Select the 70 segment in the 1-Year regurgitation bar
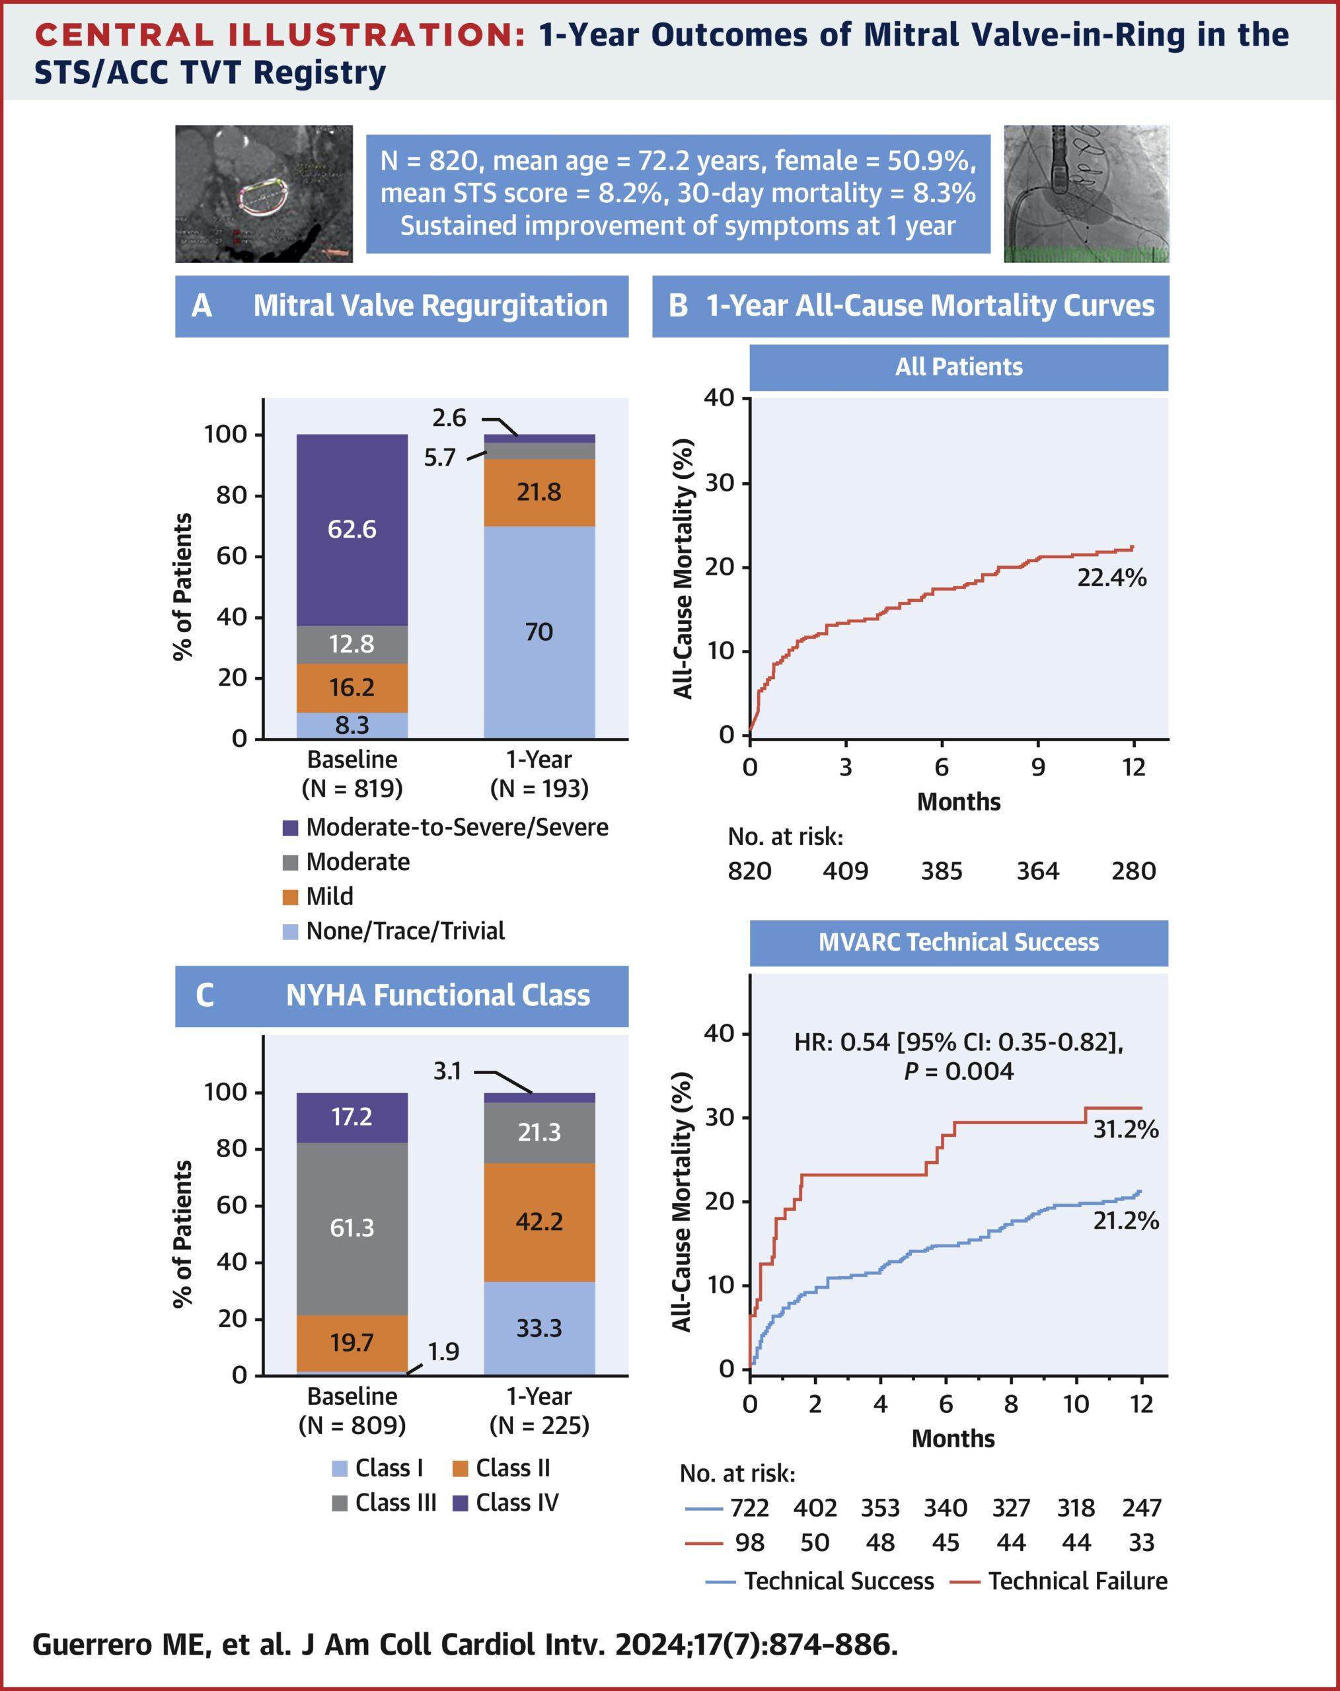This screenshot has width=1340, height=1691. pos(539,631)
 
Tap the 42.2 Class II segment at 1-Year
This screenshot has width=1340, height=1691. pos(539,1221)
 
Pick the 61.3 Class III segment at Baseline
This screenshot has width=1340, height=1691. pos(352,1227)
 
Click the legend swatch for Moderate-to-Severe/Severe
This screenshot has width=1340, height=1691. pos(290,828)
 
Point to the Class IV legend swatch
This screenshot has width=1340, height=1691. pos(461,1503)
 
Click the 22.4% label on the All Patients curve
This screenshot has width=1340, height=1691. pos(1111,578)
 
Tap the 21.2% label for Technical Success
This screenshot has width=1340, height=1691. pos(1126,1221)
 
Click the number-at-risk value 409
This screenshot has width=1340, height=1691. pos(845,871)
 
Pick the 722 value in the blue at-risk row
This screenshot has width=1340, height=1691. pos(749,1507)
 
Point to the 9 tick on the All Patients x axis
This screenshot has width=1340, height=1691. pos(1037,767)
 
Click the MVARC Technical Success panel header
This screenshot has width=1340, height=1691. pos(958,942)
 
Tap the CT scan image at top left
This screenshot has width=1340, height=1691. pos(264,194)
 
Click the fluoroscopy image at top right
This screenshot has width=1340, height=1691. pos(1086,194)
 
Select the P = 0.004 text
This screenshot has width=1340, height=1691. pos(958,1071)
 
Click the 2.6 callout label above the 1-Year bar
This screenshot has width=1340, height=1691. pos(449,418)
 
